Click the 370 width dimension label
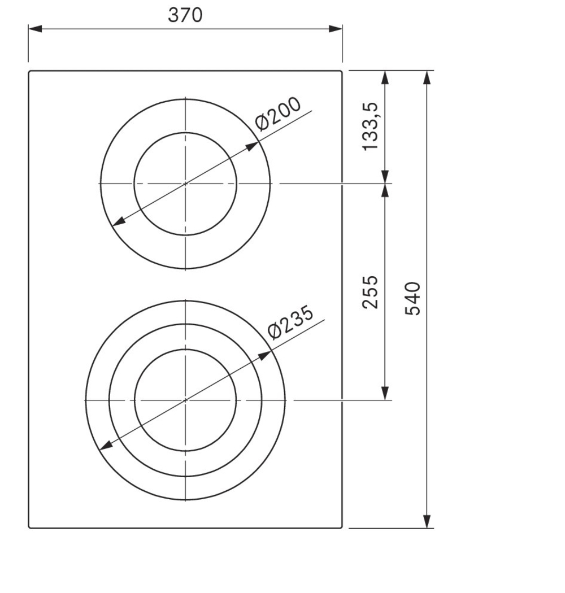[x=185, y=15]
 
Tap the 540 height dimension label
[x=413, y=298]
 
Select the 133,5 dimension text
[x=371, y=127]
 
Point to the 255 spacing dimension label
[x=370, y=292]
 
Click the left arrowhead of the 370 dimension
[x=35, y=29]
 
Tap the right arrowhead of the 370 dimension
[x=336, y=29]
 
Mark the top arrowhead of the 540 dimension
[x=427, y=77]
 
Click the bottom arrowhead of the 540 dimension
[x=427, y=521]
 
